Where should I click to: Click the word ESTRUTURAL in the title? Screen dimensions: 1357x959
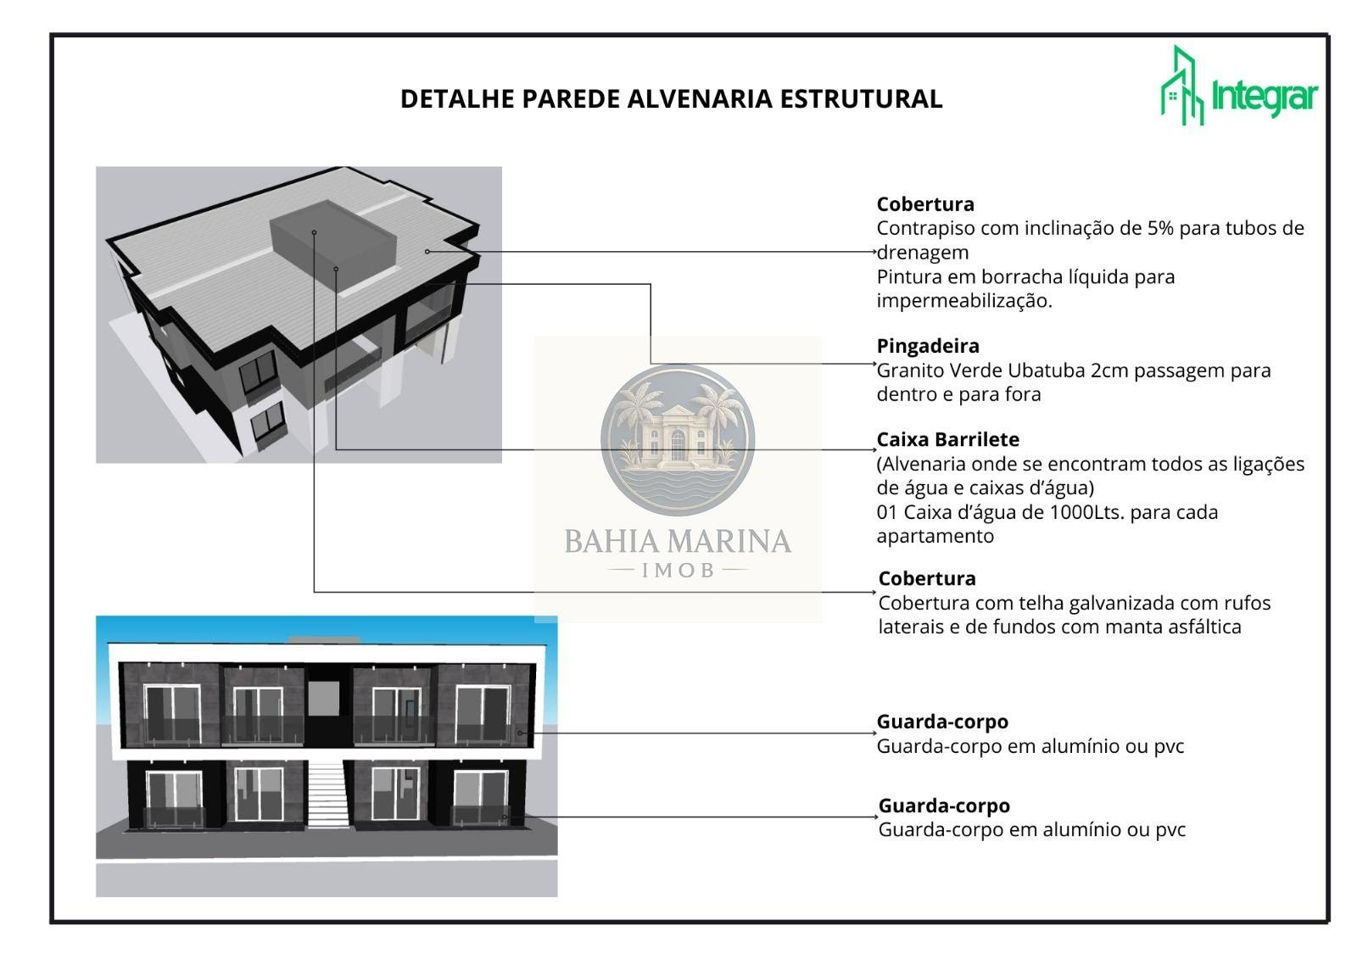pyautogui.click(x=861, y=99)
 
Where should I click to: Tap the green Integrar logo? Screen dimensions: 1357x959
pyautogui.click(x=1239, y=86)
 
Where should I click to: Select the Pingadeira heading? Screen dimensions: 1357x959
pyautogui.click(x=928, y=346)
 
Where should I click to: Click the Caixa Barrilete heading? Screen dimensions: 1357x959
pyautogui.click(x=948, y=439)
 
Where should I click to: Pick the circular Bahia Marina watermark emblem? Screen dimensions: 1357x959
pyautogui.click(x=678, y=440)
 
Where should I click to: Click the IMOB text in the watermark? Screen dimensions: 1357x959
pyautogui.click(x=678, y=571)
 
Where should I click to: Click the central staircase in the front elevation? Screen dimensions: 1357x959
pyautogui.click(x=327, y=795)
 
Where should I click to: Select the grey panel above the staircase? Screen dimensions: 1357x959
pyautogui.click(x=323, y=699)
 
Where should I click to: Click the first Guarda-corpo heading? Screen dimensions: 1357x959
pyautogui.click(x=942, y=722)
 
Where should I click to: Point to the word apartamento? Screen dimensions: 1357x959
pyautogui.click(x=935, y=538)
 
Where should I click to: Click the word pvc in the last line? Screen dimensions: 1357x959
pyautogui.click(x=1170, y=831)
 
